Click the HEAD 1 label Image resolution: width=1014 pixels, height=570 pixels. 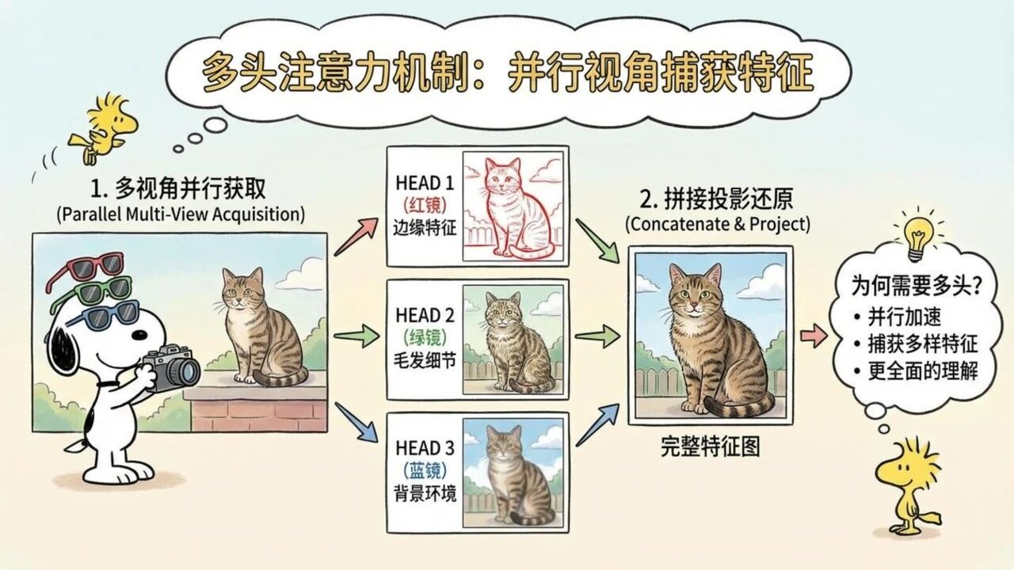pos(424,183)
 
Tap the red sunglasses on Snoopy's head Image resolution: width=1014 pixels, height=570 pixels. pos(87,268)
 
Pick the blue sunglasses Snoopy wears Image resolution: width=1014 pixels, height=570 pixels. pos(103,317)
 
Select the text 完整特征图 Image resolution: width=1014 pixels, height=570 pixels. pos(710,447)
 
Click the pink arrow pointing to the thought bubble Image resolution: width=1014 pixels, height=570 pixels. pos(813,336)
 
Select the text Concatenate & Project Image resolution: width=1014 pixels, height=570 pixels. pos(718,224)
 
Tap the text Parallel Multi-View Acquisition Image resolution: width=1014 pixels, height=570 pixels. pos(181,213)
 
